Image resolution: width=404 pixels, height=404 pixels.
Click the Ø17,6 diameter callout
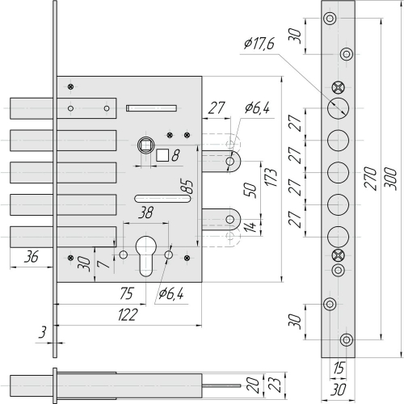pos(259,44)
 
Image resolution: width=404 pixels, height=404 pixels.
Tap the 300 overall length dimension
pos(390,179)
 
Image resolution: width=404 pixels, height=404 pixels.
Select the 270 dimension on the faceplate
pos(370,179)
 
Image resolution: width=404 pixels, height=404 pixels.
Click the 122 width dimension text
pos(128,314)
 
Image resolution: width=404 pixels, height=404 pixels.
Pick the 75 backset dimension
pos(127,293)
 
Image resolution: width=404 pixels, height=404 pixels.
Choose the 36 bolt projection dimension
pos(32,257)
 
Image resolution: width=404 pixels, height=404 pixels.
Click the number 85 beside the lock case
pos(187,187)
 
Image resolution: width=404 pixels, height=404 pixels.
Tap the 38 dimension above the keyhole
pos(145,213)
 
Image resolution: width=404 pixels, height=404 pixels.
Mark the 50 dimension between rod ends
pos(250,190)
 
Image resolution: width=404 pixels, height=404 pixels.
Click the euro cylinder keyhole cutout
pos(145,256)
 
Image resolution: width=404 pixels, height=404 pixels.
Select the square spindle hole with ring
pos(146,145)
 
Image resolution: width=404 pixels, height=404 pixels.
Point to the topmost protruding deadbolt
pos(32,108)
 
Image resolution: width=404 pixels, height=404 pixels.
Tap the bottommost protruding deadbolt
pos(32,237)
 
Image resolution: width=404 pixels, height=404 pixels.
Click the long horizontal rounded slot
pos(162,199)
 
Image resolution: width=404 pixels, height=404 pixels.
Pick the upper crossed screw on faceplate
pos(338,87)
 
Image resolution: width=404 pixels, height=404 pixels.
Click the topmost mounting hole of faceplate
pos(330,19)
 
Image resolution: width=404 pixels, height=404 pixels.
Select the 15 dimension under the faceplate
pos(339,368)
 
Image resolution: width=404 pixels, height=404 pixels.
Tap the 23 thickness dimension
pos(276,385)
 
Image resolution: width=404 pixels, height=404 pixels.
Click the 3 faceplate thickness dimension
pos(42,332)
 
